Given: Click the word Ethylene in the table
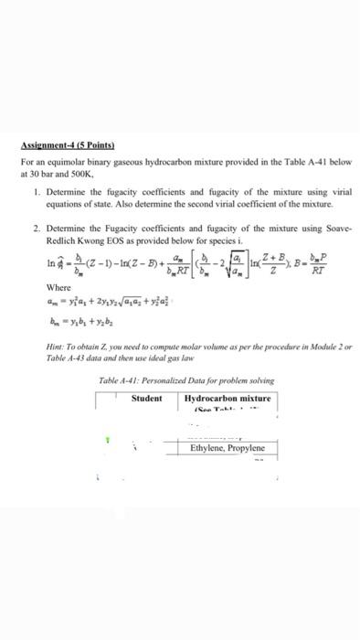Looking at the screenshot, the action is [x=208, y=449].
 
